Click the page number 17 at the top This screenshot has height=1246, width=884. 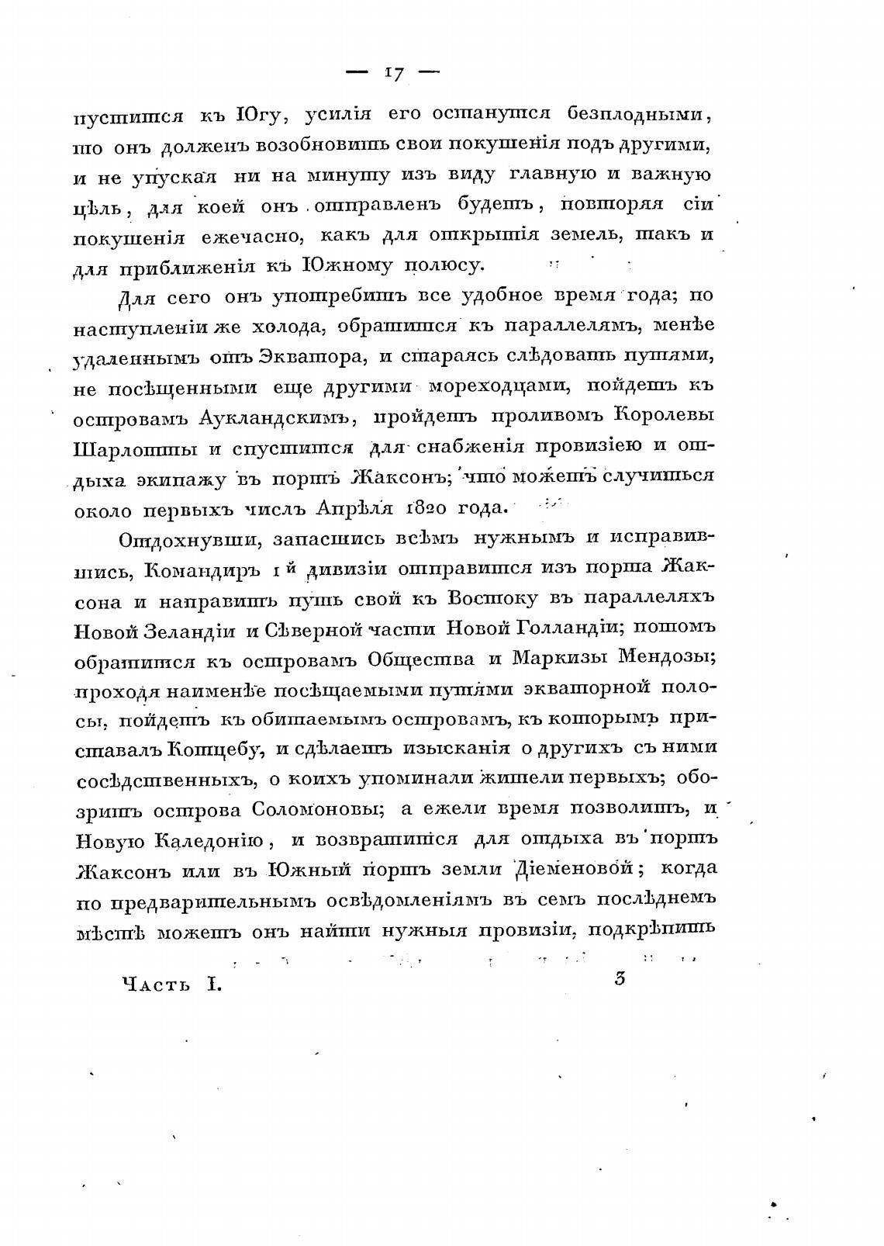coord(392,74)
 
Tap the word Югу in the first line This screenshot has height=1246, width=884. coord(261,116)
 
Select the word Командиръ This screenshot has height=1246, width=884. coord(204,570)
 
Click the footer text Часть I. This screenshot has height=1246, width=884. coord(172,985)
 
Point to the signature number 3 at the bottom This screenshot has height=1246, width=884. coord(620,979)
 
